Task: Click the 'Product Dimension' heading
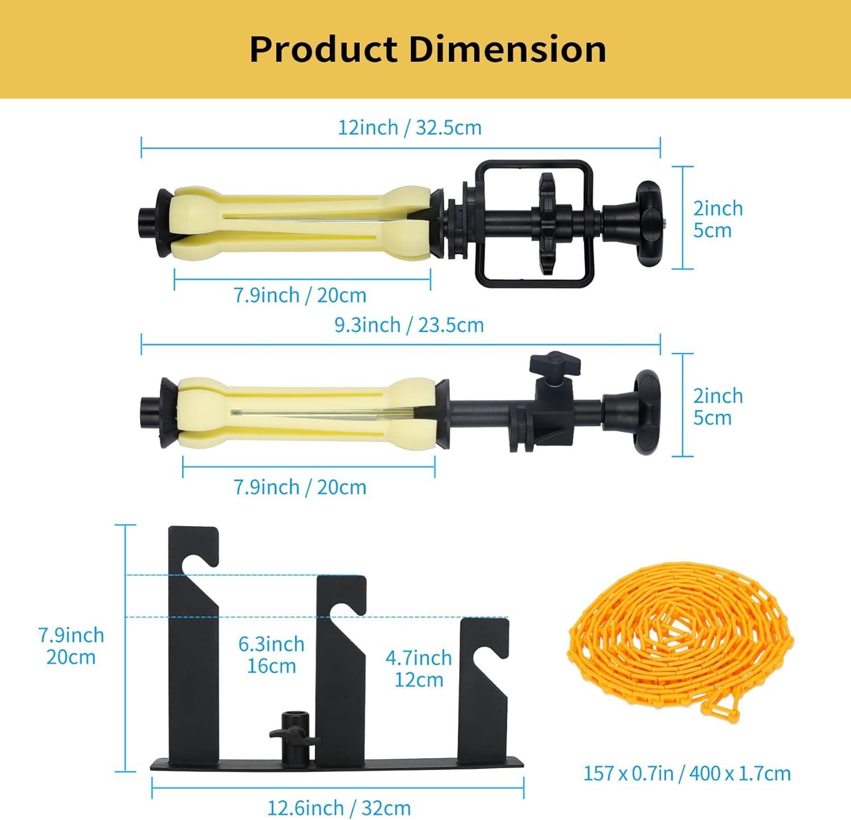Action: tap(428, 49)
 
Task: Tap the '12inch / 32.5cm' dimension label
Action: tap(410, 128)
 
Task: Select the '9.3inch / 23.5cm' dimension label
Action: tap(409, 325)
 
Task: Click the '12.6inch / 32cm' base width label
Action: tap(339, 808)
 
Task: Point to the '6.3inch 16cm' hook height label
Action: tap(271, 655)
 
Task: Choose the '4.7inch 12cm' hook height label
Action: tap(419, 668)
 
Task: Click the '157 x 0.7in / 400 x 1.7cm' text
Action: tap(687, 773)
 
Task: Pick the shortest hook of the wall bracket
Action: tap(483, 681)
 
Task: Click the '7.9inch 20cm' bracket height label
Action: tap(71, 646)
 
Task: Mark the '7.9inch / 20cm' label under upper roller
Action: tap(300, 295)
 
